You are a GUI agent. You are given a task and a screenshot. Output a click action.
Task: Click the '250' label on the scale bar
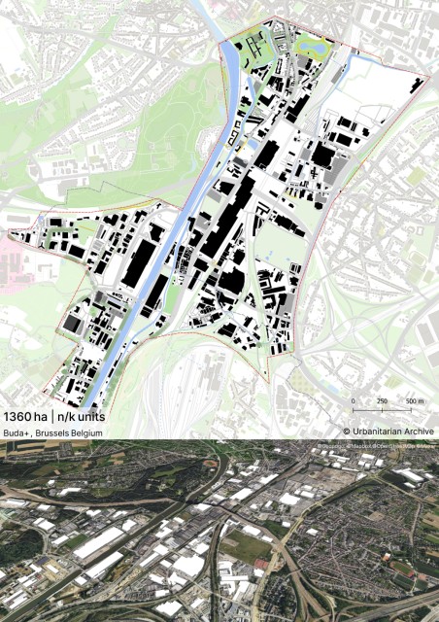382,400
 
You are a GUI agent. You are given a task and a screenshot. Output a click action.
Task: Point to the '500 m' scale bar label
415,400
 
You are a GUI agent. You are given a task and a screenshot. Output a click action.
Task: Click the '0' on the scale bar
353,400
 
